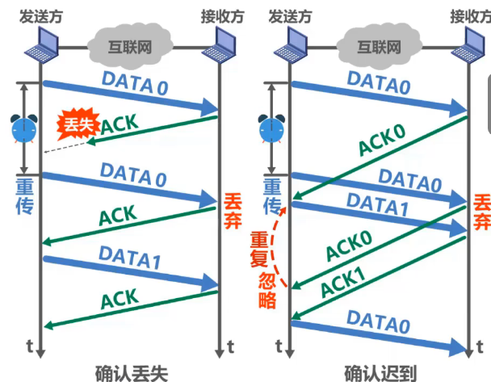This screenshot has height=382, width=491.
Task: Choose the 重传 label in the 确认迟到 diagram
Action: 271,194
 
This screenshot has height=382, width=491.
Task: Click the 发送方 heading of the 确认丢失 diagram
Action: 40,14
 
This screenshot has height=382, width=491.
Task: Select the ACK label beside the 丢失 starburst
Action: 119,123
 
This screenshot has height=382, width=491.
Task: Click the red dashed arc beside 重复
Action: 281,246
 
